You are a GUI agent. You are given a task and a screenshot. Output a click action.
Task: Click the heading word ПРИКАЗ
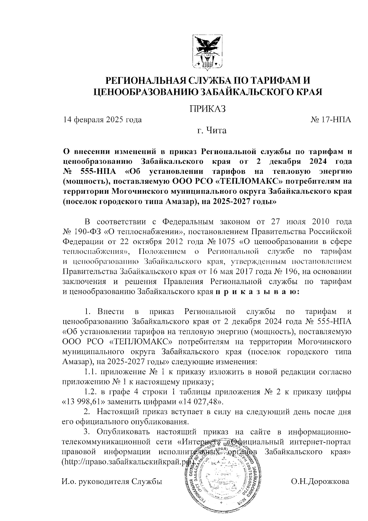click(x=208, y=109)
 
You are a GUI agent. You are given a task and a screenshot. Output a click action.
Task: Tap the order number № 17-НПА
click(x=331, y=120)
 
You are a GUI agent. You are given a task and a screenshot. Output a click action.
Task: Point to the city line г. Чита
click(x=212, y=131)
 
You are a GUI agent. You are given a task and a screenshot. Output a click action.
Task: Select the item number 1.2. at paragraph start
click(x=90, y=392)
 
